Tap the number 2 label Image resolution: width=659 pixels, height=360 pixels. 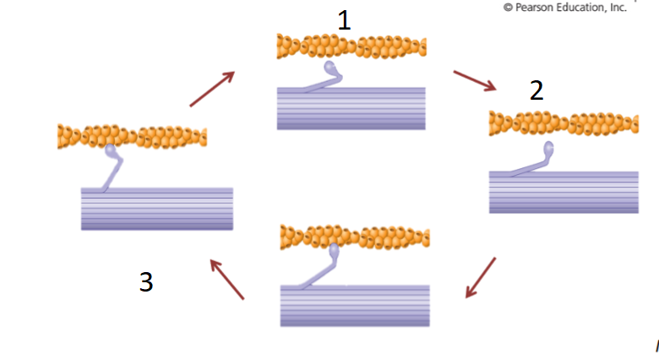[x=536, y=90]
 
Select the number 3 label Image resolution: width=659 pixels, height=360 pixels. [x=146, y=282]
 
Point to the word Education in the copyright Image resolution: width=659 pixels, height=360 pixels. [x=585, y=8]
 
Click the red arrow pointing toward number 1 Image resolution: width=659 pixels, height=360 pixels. [x=211, y=89]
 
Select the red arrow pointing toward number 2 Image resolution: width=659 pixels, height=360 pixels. [x=476, y=80]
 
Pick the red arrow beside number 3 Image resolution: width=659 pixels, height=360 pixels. [x=226, y=279]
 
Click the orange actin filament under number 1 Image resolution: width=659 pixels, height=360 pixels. [x=351, y=46]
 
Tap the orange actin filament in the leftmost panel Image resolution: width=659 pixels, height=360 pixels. [x=132, y=136]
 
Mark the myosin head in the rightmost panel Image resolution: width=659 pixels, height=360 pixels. [x=550, y=150]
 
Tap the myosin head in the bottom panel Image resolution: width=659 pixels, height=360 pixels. [x=334, y=251]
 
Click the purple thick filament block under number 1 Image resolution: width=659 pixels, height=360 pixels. [x=351, y=108]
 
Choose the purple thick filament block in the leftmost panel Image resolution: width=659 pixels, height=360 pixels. [x=156, y=209]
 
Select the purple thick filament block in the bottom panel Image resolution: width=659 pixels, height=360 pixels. [x=355, y=305]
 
